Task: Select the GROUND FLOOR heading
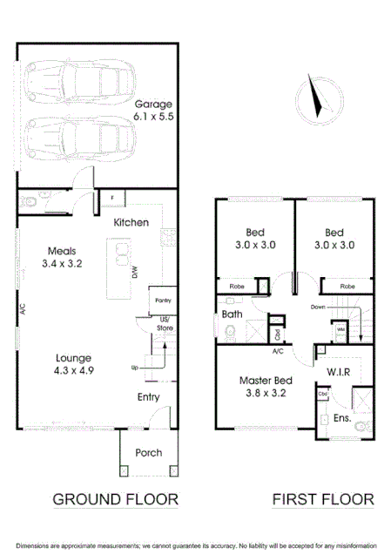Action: [116, 499]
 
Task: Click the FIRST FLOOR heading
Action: [323, 499]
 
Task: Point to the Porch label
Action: [148, 453]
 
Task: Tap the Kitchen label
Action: [131, 223]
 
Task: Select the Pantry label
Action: [161, 300]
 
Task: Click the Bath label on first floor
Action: [232, 314]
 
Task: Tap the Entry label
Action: [149, 397]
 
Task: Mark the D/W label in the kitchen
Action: [134, 274]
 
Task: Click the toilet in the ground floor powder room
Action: [30, 202]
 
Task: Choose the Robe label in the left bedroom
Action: [237, 286]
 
